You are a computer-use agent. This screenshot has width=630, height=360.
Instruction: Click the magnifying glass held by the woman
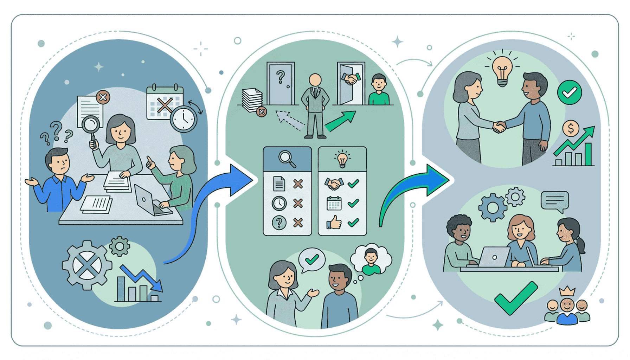(x=91, y=125)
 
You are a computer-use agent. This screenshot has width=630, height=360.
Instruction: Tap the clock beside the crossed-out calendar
(x=183, y=119)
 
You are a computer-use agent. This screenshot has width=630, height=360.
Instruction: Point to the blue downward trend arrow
(x=142, y=278)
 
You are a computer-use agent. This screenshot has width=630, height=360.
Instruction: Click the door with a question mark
(x=281, y=83)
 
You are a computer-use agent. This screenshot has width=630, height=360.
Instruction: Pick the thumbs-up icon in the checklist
(x=334, y=222)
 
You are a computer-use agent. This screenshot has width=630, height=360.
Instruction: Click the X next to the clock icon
(x=298, y=203)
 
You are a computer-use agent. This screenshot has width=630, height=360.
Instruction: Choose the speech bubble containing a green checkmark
(x=311, y=260)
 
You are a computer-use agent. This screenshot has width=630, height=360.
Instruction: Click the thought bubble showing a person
(x=372, y=259)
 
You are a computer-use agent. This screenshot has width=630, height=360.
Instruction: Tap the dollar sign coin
(x=571, y=129)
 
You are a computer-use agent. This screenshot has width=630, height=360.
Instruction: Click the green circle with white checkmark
(x=569, y=92)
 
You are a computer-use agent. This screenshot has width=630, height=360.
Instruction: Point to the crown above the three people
(x=567, y=291)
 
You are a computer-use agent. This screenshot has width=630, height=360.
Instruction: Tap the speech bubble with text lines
(x=555, y=201)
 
